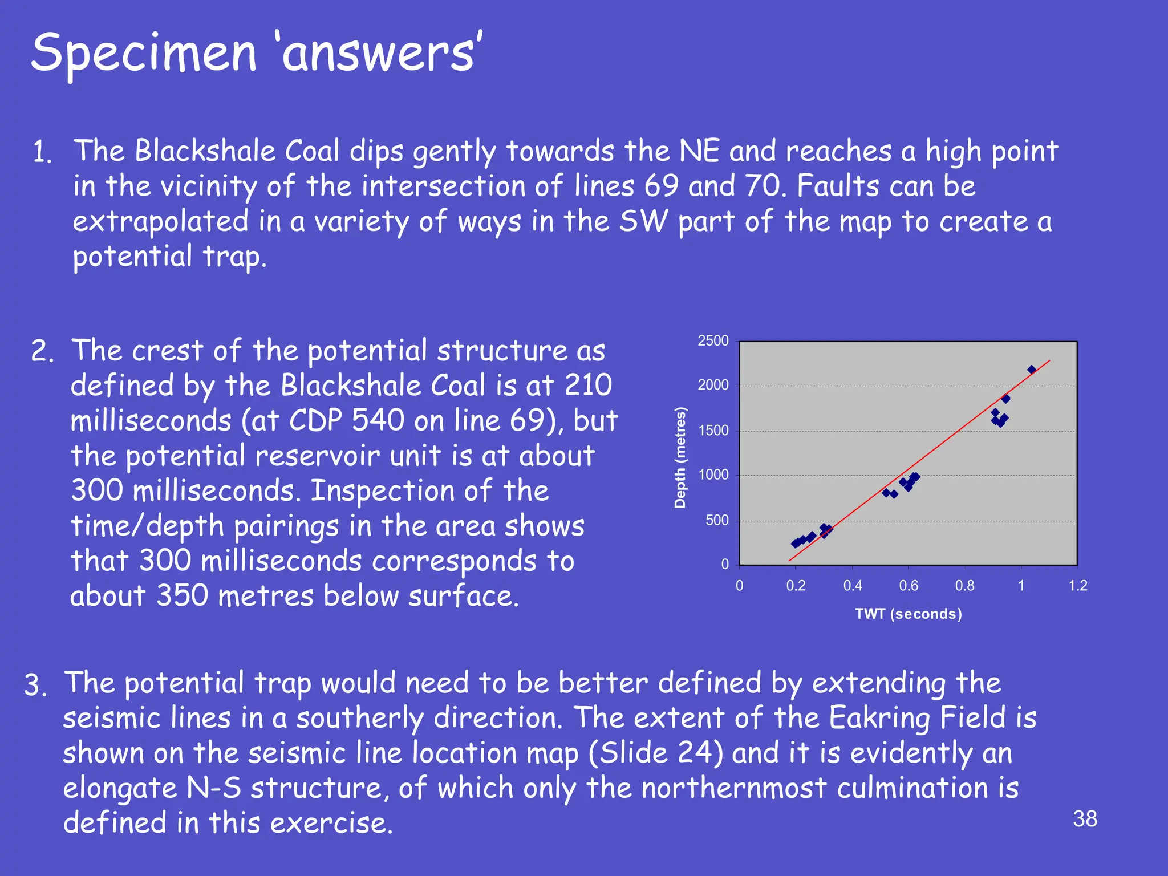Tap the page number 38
click(x=1085, y=819)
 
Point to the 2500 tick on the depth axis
click(x=713, y=341)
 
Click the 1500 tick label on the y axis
click(x=713, y=431)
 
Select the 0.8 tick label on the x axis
click(x=964, y=586)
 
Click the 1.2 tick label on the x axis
click(x=1077, y=586)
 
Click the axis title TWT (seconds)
click(x=908, y=614)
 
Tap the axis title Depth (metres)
click(x=680, y=457)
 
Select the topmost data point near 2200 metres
click(x=1031, y=370)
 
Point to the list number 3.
click(x=35, y=686)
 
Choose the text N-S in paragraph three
click(x=214, y=788)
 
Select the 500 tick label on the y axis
click(x=717, y=520)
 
